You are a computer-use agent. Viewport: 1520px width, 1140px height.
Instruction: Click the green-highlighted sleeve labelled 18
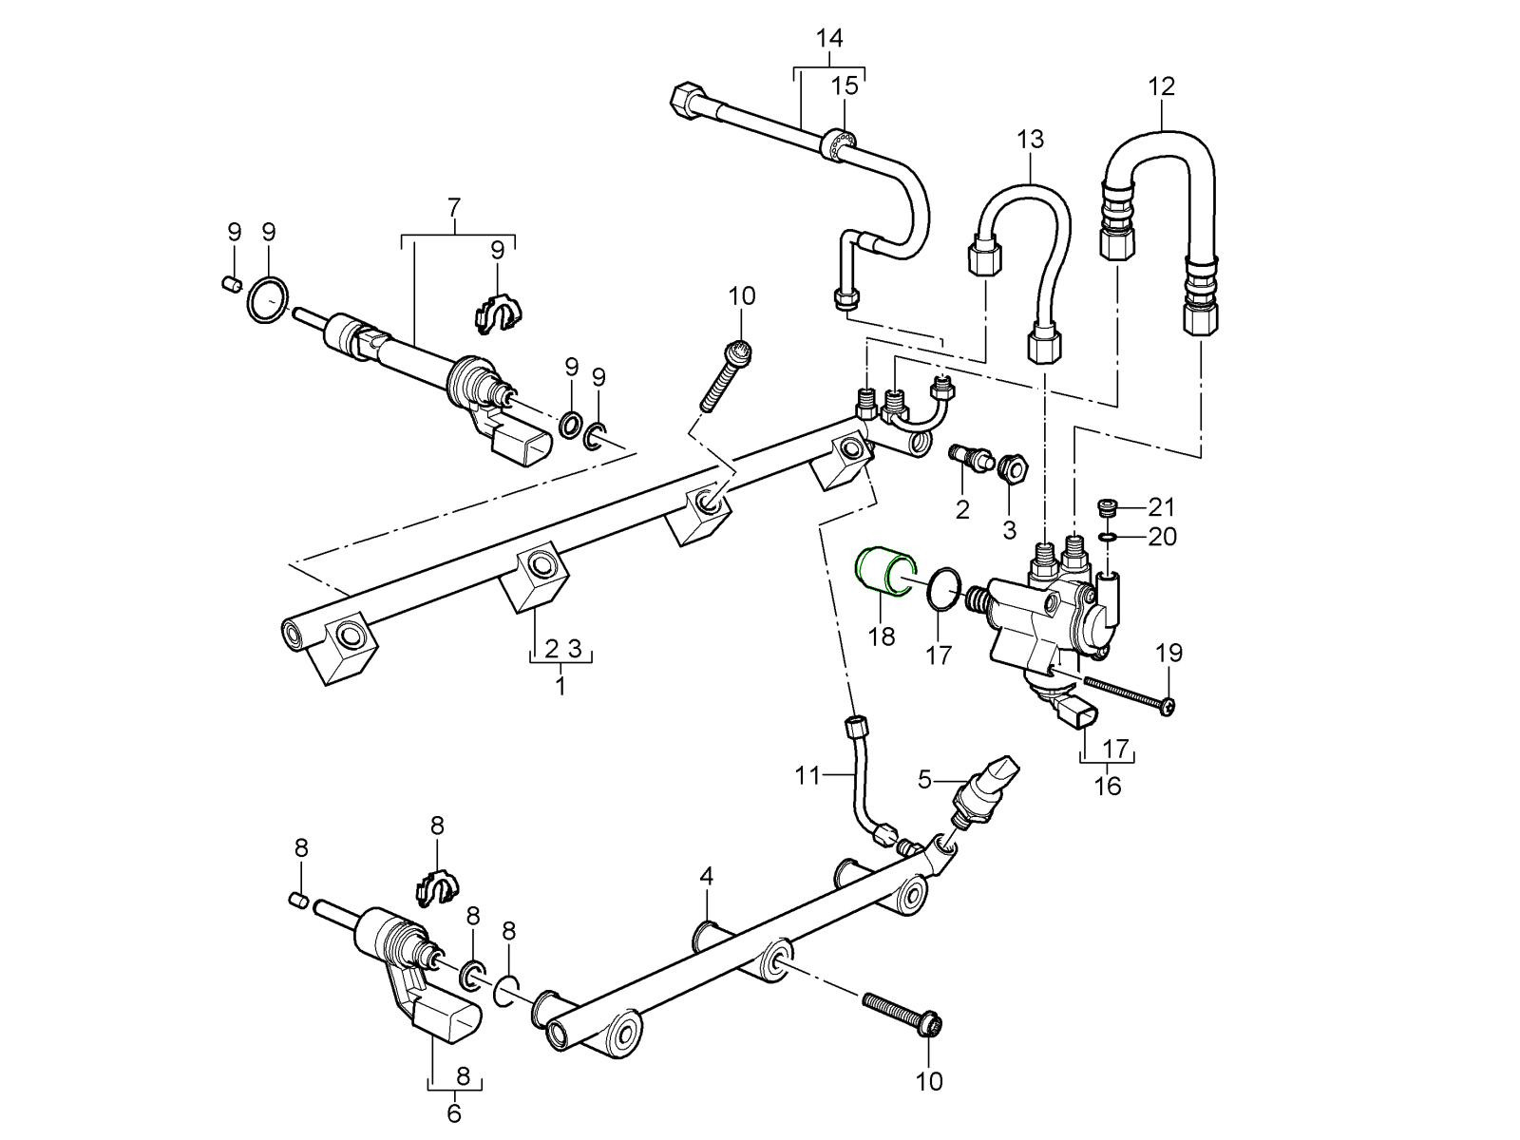point(883,576)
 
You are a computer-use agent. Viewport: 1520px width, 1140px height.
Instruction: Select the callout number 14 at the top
point(829,39)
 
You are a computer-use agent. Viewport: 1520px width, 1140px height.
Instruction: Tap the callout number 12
point(1161,86)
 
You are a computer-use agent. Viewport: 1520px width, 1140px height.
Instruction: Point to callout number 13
point(1030,140)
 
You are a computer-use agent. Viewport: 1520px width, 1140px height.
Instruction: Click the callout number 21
point(1161,507)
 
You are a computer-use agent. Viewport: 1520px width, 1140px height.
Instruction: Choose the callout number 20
point(1161,538)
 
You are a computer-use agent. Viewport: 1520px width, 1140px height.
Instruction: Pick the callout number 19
point(1168,653)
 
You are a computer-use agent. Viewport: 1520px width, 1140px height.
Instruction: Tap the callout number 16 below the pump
point(1108,787)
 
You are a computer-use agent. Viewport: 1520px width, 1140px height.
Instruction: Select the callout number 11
point(807,776)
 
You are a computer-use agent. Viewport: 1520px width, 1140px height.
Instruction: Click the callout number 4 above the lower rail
point(706,875)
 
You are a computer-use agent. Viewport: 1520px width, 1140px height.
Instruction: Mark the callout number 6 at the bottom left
point(454,1112)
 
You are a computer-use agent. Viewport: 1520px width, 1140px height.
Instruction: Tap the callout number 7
point(454,206)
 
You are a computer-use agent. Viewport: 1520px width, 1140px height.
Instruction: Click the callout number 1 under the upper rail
point(560,686)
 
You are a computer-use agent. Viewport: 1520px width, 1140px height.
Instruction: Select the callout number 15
point(845,86)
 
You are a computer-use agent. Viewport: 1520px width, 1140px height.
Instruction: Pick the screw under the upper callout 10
point(726,379)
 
